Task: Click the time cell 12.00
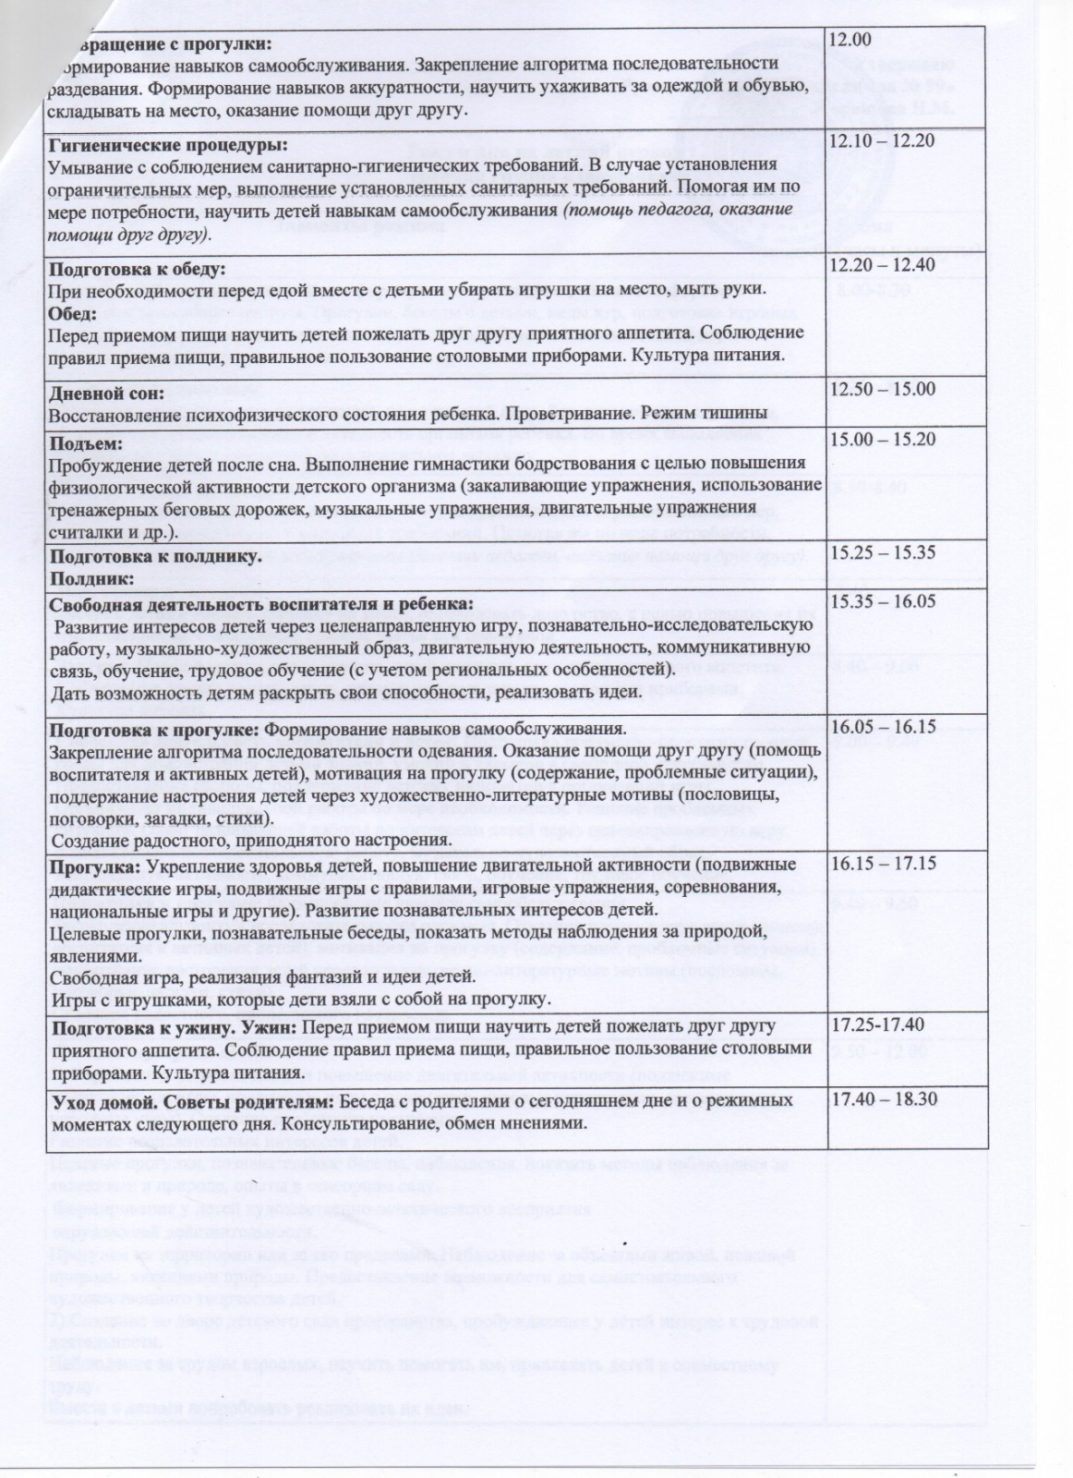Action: click(x=851, y=41)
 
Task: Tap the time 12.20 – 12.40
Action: click(x=883, y=265)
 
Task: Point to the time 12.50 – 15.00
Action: click(x=883, y=389)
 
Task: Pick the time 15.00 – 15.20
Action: click(x=883, y=439)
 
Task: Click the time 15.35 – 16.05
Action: click(x=883, y=601)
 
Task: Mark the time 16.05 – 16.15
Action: click(x=883, y=726)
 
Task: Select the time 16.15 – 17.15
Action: click(x=883, y=864)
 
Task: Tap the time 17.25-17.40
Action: click(x=879, y=1024)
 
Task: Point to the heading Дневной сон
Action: click(x=106, y=393)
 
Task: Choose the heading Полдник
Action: click(x=91, y=578)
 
